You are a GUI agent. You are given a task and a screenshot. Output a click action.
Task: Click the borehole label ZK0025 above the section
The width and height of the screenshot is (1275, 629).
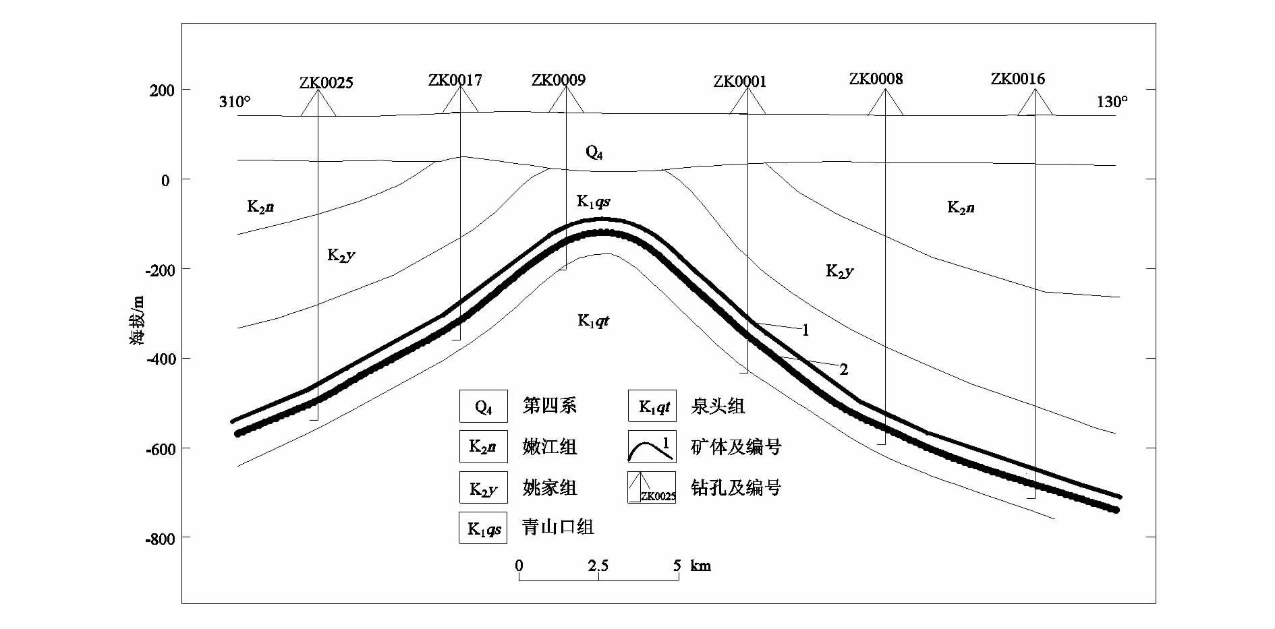coord(326,83)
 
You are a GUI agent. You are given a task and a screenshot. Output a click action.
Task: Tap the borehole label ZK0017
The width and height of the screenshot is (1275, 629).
coord(455,80)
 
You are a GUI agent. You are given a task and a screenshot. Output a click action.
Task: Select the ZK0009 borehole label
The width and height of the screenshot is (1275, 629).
coord(558,80)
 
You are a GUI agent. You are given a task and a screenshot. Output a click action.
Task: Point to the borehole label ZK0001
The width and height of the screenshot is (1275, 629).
coord(740,82)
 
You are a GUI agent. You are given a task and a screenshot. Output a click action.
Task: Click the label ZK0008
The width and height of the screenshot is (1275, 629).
coord(876,79)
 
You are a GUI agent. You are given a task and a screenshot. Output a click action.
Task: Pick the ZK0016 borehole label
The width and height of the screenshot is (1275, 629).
coord(1017,79)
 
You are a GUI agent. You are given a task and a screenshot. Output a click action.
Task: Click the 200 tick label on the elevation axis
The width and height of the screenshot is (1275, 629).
coord(161,90)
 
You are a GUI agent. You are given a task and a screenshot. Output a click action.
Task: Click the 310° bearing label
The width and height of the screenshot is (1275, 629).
coord(235,102)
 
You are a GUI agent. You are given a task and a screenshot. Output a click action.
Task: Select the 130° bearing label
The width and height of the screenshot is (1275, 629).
coord(1112,102)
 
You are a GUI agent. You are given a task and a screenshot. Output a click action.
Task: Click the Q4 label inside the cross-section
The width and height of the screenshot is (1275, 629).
coord(594,153)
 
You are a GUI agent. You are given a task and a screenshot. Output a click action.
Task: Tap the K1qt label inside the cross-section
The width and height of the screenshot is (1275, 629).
coord(593,321)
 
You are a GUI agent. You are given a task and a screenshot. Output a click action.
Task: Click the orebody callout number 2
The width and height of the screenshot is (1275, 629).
coord(843,369)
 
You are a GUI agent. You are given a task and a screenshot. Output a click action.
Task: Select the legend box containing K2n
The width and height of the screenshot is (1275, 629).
coord(483,447)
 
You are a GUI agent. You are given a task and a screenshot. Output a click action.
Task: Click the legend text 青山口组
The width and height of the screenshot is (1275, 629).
coord(558,527)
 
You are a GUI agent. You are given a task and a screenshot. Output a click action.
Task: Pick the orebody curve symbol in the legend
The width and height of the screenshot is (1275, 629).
coord(651,447)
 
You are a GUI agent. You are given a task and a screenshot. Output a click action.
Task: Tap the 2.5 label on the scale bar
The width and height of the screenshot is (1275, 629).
coord(598,565)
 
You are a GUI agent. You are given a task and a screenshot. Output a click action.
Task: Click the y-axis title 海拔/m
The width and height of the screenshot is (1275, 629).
coord(138,321)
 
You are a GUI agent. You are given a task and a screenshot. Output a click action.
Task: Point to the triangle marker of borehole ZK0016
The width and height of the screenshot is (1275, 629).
coord(1035,103)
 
